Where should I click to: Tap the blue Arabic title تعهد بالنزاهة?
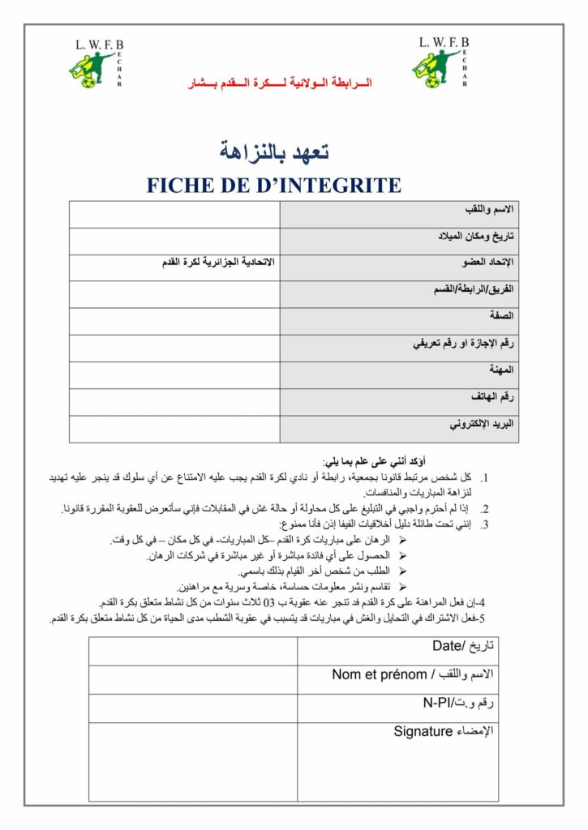(274, 151)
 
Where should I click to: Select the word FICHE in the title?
(178, 186)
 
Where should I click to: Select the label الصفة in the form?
(500, 315)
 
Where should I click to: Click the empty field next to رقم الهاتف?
(174, 402)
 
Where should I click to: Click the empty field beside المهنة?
(174, 375)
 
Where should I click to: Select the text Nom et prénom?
(373, 674)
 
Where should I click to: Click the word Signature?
(423, 731)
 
